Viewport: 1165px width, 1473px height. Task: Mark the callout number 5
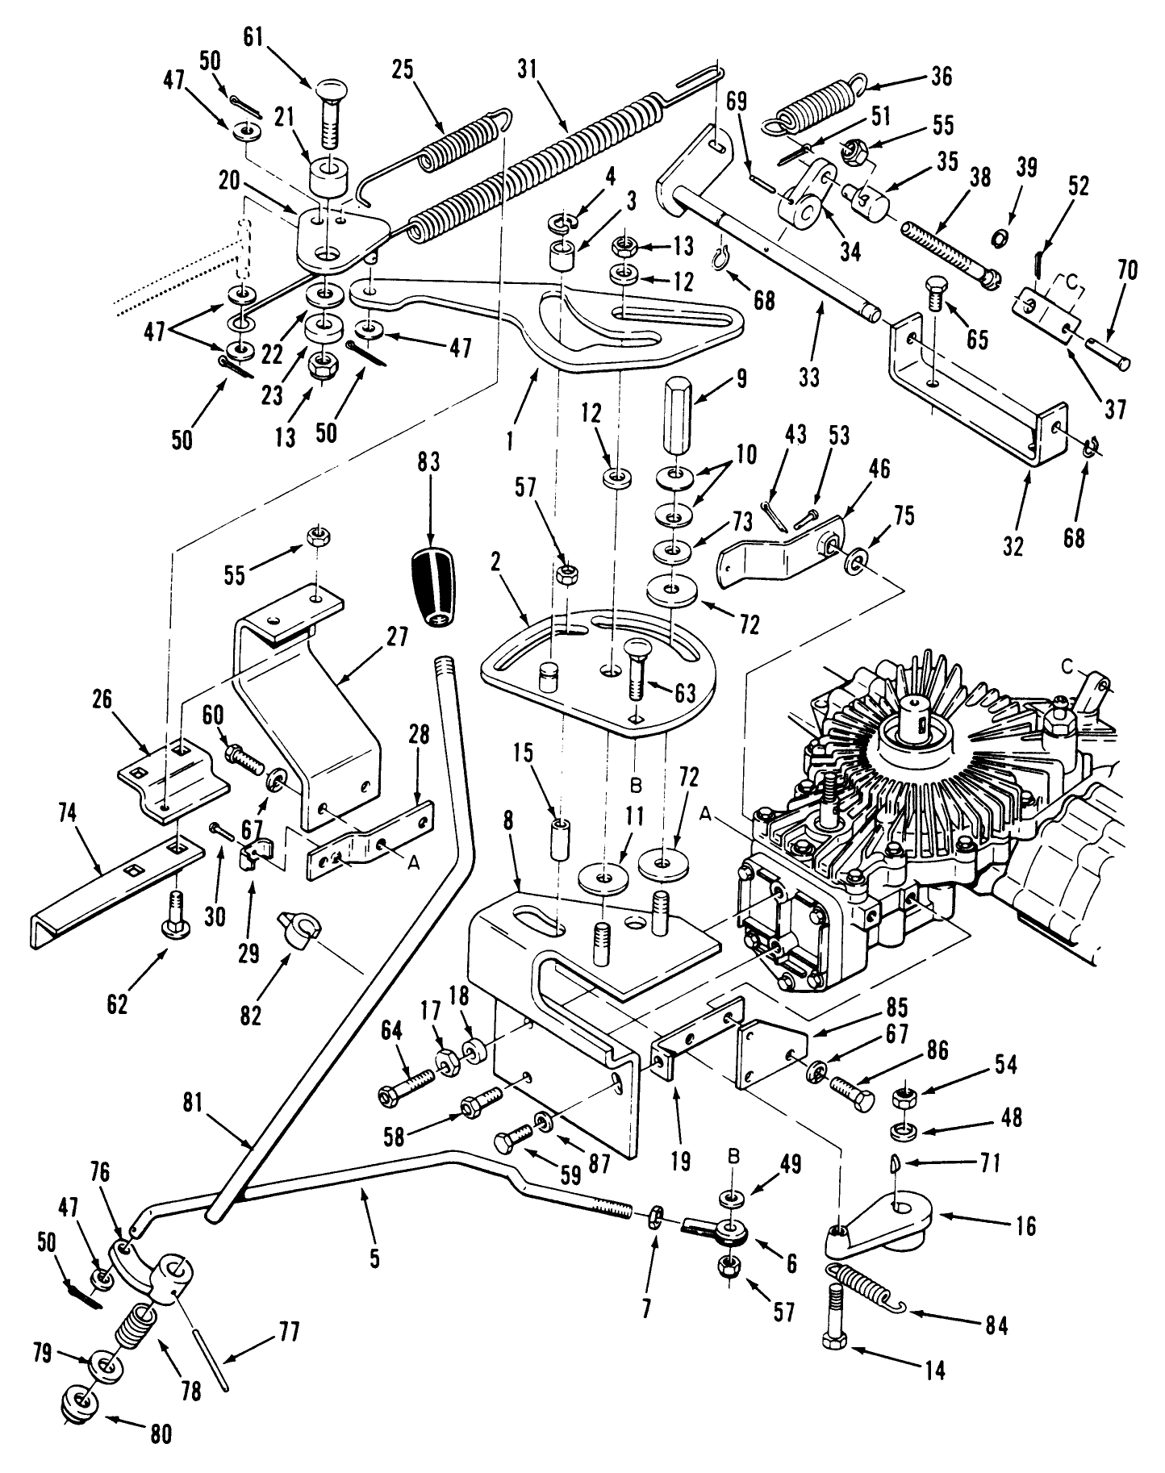[374, 1258]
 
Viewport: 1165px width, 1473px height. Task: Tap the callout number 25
[403, 69]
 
